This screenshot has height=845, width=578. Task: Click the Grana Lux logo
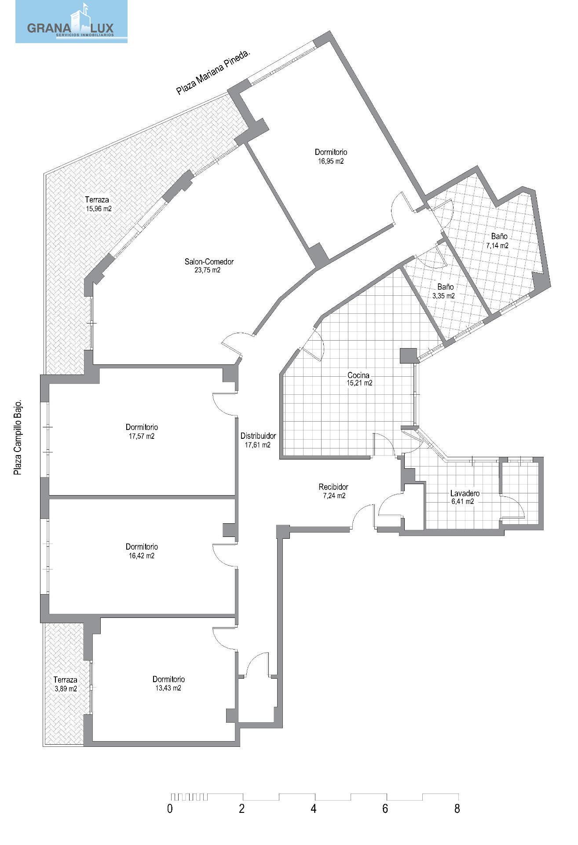point(71,22)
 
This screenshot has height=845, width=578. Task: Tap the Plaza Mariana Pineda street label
point(213,72)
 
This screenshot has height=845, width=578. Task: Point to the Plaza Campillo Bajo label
point(18,438)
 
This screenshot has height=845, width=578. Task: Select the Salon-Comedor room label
point(209,261)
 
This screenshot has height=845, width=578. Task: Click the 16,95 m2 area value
point(331,161)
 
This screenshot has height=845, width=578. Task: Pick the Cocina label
point(359,375)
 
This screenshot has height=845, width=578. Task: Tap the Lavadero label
point(465,493)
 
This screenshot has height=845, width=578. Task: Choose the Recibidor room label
point(333,487)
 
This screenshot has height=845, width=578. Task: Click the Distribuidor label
point(258,436)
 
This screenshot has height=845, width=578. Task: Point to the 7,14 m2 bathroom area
point(497,246)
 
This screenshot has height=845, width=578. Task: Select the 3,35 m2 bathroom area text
point(443,296)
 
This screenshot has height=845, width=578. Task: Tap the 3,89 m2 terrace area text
point(66,689)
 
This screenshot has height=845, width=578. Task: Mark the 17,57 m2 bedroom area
point(141,436)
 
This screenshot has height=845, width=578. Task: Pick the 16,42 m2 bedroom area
point(141,556)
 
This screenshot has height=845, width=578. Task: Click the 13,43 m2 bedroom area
point(168,688)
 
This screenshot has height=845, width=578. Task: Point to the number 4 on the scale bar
point(314,809)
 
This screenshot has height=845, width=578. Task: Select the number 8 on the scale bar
point(457,809)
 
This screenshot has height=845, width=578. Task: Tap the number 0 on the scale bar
point(170,809)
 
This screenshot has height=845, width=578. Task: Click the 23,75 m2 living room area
point(207,270)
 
